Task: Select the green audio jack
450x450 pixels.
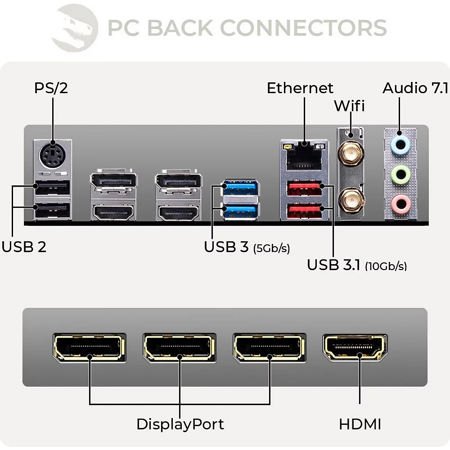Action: [400, 173]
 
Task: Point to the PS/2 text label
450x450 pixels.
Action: [51, 88]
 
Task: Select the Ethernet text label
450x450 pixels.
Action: [300, 88]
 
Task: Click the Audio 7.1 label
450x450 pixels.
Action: [415, 88]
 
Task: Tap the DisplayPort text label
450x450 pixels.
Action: [180, 424]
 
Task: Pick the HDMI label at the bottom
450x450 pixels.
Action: [360, 424]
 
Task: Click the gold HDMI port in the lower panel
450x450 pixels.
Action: [355, 348]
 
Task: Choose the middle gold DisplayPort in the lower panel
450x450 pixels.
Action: [180, 348]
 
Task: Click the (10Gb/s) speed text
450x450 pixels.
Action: [386, 266]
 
